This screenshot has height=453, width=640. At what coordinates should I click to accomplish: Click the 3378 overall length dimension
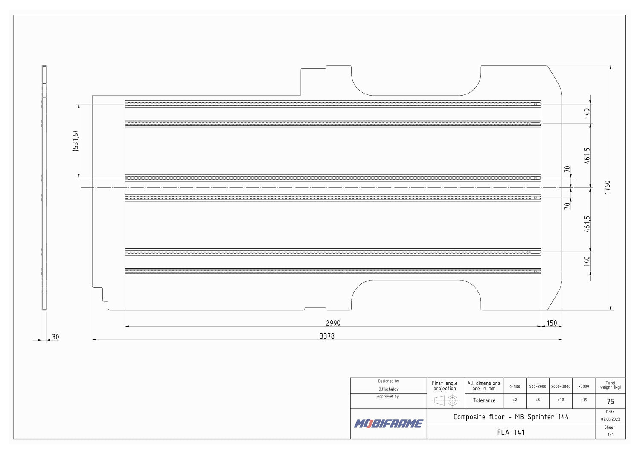click(x=327, y=336)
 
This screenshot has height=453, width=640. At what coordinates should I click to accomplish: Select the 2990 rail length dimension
click(x=333, y=323)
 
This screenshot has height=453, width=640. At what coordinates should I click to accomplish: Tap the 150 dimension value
click(x=552, y=323)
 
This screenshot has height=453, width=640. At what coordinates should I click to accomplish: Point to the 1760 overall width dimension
click(x=607, y=187)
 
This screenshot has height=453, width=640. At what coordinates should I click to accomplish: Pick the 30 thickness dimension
click(x=55, y=337)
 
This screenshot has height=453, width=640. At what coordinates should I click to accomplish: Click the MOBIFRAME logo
click(x=389, y=424)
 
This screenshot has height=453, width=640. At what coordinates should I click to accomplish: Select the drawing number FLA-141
click(x=511, y=432)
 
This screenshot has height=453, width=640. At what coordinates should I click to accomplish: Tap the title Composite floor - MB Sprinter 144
click(x=511, y=417)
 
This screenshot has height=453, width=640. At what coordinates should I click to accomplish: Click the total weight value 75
click(x=610, y=401)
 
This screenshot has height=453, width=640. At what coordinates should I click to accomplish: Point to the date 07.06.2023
click(x=610, y=419)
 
